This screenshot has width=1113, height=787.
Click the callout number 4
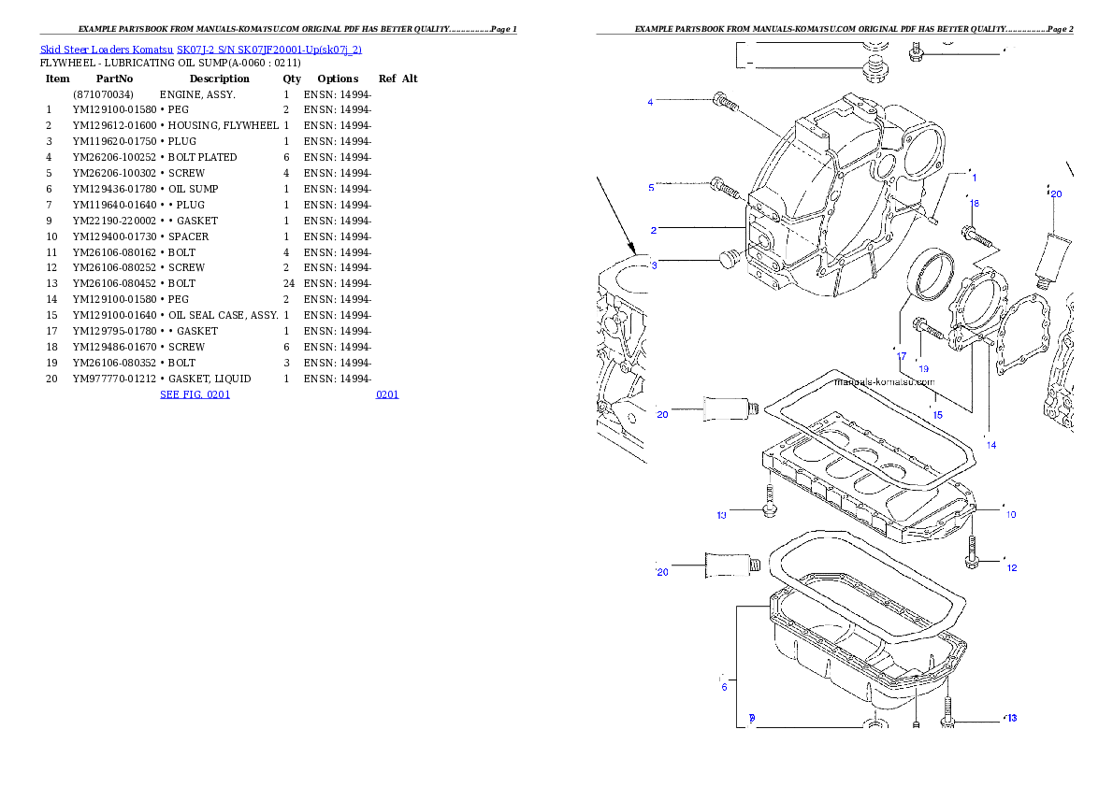[x=650, y=102]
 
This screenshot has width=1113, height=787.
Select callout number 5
[x=651, y=188]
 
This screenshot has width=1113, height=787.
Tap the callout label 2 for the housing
[x=654, y=230]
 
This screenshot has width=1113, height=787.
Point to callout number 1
[x=974, y=177]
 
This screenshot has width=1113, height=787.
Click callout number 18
[x=975, y=203]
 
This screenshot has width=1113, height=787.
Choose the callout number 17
[x=902, y=356]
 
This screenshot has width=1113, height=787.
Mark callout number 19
[x=923, y=368]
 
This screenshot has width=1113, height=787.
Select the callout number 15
[x=937, y=413]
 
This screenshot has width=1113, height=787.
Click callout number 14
[x=991, y=445]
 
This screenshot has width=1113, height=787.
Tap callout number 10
[x=1010, y=514]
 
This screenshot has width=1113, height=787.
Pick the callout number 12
[x=1011, y=567]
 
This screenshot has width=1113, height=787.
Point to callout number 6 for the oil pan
[x=724, y=688]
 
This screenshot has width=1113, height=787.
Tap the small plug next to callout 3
[x=729, y=258]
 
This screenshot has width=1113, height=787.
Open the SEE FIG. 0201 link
[x=195, y=394]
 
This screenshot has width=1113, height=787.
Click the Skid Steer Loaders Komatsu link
[x=200, y=49]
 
